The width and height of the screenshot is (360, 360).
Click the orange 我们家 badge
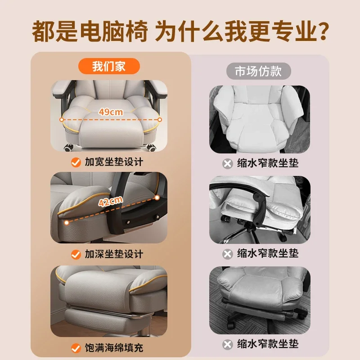pyautogui.click(x=109, y=67)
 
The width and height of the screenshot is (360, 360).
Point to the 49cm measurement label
pyautogui.click(x=111, y=112)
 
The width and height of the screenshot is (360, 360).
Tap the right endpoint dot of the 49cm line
pyautogui.click(x=159, y=120)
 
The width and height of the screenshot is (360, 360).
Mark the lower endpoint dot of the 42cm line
pyautogui.click(x=66, y=222)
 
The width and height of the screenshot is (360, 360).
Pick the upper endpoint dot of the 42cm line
pyautogui.click(x=156, y=198)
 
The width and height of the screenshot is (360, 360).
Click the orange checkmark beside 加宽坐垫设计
pyautogui.click(x=76, y=162)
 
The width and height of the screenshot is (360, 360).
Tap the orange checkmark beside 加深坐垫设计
pyautogui.click(x=76, y=254)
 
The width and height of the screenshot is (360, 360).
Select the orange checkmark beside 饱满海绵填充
pyautogui.click(x=76, y=348)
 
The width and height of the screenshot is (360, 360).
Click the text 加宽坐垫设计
pyautogui.click(x=114, y=162)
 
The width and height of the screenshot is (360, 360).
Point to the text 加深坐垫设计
pyautogui.click(x=114, y=254)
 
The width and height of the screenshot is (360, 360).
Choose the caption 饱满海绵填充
pyautogui.click(x=114, y=348)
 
